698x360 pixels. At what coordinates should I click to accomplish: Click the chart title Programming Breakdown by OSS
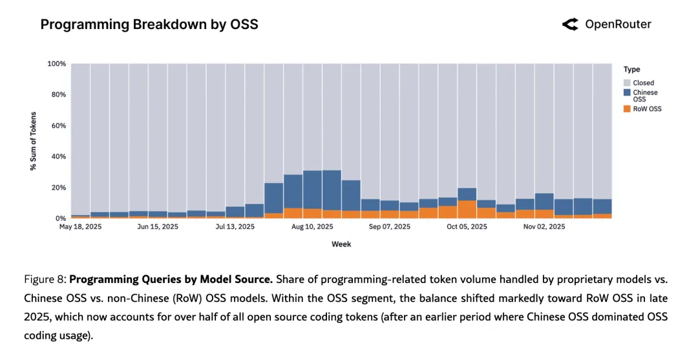pos(149,25)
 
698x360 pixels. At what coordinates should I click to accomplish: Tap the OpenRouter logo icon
pos(570,25)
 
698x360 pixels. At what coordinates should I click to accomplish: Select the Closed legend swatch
pos(627,83)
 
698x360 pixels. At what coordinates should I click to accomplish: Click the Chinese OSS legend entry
pos(644,96)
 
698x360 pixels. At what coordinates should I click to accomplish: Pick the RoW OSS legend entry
pos(647,109)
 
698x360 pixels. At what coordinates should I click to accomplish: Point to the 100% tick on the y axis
pos(57,64)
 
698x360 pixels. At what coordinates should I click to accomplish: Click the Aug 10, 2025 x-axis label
pos(312,227)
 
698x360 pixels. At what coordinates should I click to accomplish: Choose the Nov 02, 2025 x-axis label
pos(544,227)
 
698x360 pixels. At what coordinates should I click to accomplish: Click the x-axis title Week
pos(341,244)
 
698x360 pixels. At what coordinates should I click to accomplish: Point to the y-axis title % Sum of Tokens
pos(33,141)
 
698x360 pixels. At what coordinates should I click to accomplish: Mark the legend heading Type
pos(631,69)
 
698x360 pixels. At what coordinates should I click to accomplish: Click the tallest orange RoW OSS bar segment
pos(467,209)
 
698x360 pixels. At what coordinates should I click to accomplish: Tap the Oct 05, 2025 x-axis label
pos(467,227)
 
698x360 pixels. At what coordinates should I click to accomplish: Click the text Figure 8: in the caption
pos(45,280)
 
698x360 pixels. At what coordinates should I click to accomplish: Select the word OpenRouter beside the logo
pos(618,25)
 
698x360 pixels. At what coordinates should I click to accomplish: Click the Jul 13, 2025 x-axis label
pos(235,227)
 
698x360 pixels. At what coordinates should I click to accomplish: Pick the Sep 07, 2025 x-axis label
pos(389,227)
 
